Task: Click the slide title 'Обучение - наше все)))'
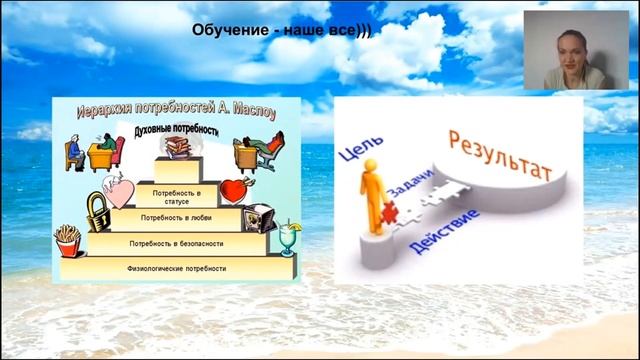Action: pos(281,31)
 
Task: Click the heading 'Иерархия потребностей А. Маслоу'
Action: pos(176,111)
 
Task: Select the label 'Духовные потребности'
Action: pos(176,131)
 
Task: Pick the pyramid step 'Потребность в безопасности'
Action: pos(176,243)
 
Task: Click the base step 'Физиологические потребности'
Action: pos(176,268)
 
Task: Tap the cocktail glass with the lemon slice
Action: pos(289,238)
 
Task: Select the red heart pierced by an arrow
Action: pos(234,190)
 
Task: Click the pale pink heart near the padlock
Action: pos(118,190)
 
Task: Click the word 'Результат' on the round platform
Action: pos(501,157)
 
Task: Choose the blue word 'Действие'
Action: pos(444,230)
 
